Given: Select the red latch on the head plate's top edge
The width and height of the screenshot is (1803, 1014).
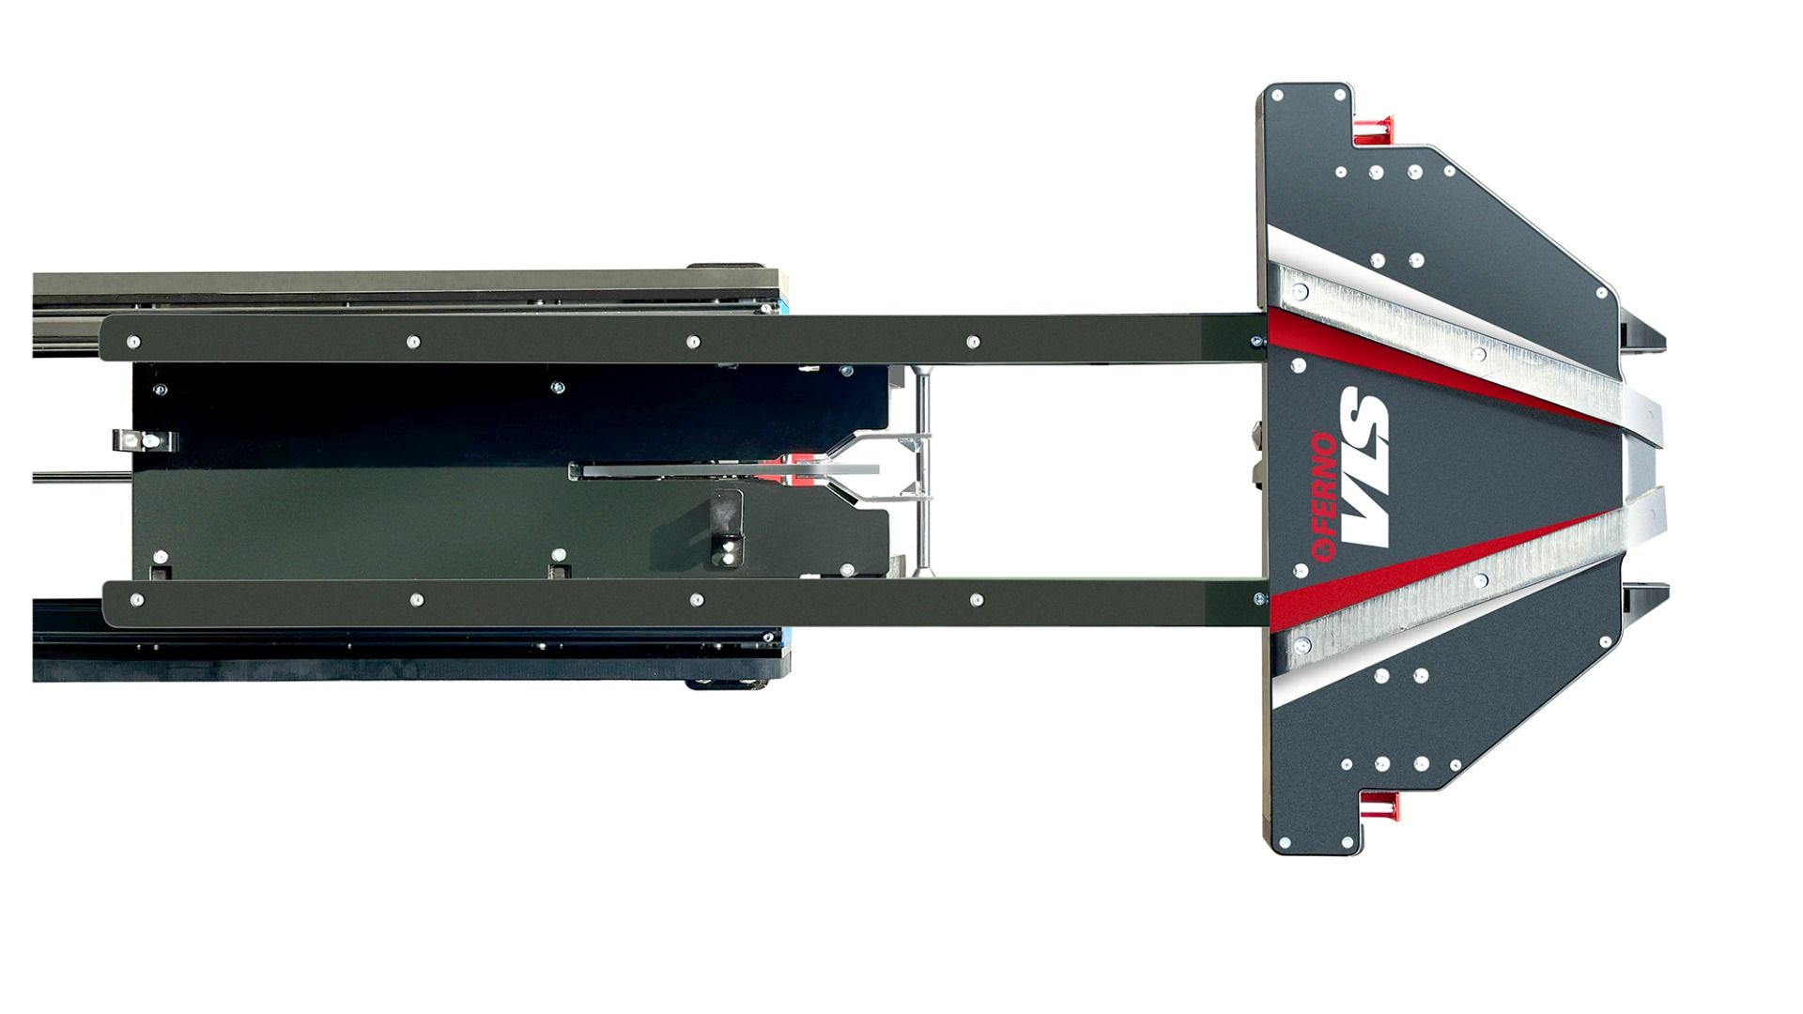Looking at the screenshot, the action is pyautogui.click(x=1374, y=129).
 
